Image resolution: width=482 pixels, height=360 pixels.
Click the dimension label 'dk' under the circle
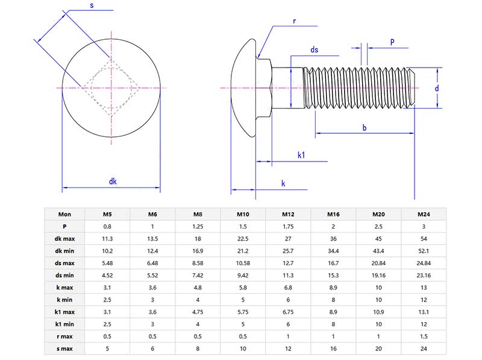coord(113,181)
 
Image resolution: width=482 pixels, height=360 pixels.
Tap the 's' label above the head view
coord(91,5)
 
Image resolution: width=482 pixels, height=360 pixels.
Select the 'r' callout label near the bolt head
coord(294,21)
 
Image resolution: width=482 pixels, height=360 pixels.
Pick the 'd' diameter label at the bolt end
coord(436,88)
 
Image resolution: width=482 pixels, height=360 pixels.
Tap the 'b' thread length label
coord(364,127)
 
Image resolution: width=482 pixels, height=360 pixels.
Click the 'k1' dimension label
coord(301,155)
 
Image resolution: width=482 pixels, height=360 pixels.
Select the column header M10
coord(243,214)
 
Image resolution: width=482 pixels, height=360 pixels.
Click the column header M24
coord(424,214)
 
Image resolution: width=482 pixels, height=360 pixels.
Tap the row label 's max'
coord(64,348)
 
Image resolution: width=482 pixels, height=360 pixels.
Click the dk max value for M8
coord(198,238)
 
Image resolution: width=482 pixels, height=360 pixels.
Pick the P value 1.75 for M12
coord(288,226)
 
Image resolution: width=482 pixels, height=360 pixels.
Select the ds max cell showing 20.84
coord(378,263)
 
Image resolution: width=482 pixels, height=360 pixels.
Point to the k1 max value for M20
coord(378,312)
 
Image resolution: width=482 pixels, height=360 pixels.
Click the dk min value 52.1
coord(424,250)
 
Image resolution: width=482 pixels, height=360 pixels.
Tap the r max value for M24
coord(424,336)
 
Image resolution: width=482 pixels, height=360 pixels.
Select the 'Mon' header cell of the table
coord(64,214)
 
